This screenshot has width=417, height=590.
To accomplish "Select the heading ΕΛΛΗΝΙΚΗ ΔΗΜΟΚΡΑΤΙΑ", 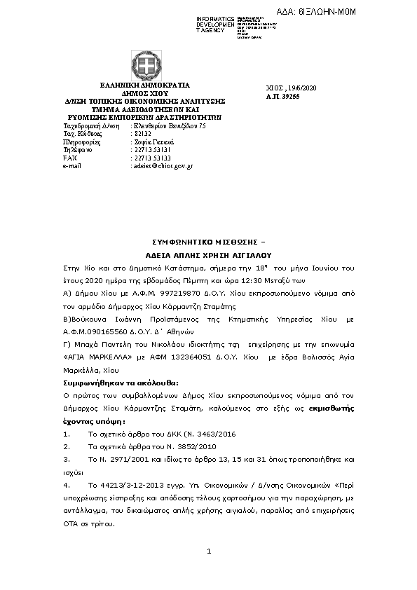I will tap(140, 85).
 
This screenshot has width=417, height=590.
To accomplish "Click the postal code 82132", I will tap(141, 132).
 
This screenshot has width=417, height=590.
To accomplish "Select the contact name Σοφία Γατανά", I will tap(153, 141).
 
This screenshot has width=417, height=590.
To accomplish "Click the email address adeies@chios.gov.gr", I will tap(163, 166).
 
